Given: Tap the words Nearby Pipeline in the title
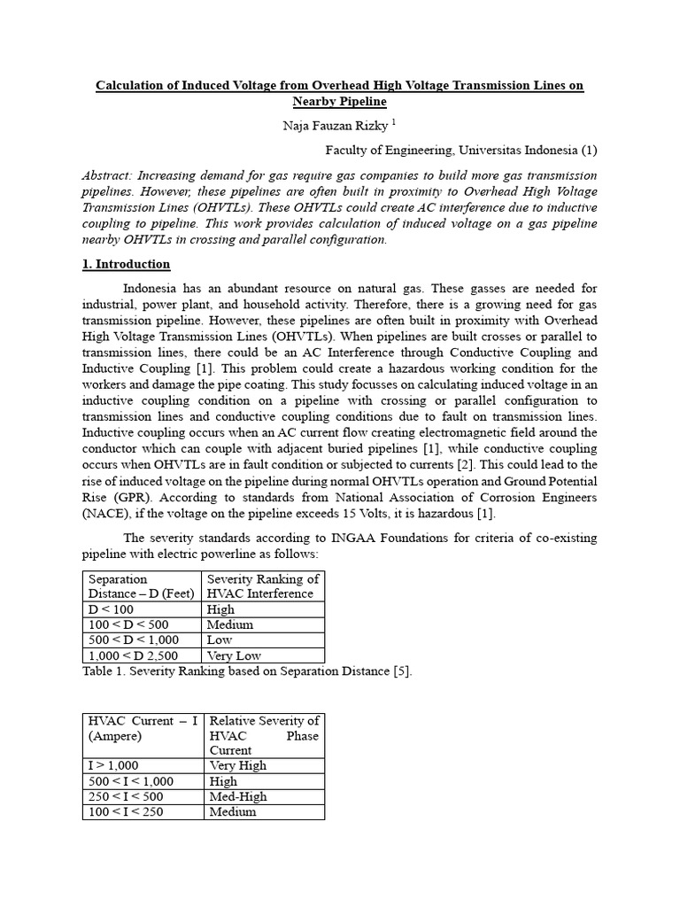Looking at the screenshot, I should [x=340, y=103].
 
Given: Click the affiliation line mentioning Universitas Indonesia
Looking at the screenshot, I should [x=460, y=150].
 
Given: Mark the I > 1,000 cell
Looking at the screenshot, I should [x=112, y=765].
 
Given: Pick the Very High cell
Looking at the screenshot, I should [x=237, y=765].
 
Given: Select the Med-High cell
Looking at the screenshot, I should [x=238, y=796].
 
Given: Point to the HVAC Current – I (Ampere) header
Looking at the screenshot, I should [x=142, y=728].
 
